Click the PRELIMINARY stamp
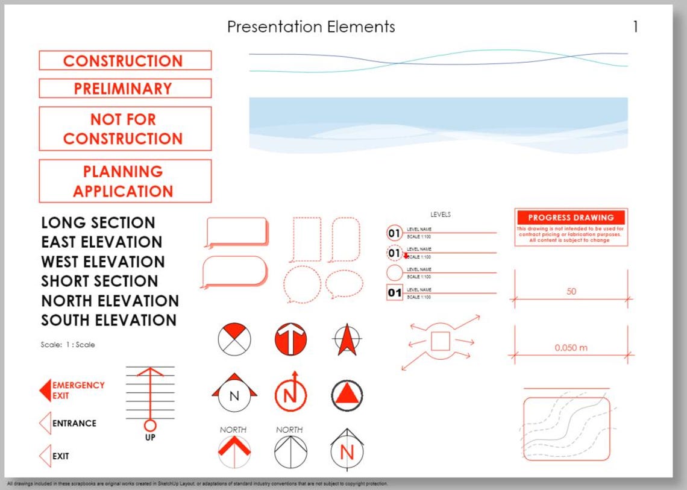[125, 89]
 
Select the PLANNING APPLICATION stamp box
[125, 181]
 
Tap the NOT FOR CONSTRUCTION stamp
[125, 129]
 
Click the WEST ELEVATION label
[103, 262]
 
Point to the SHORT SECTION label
[99, 281]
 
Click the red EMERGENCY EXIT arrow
[45, 391]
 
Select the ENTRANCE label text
[74, 423]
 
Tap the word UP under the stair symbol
[150, 438]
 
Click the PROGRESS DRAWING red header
[571, 218]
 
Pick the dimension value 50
[571, 292]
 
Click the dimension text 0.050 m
[571, 348]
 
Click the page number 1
[635, 27]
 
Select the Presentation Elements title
[311, 27]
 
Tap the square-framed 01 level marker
[394, 294]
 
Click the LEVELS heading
[441, 215]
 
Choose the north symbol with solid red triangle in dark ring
[347, 395]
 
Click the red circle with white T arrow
[290, 339]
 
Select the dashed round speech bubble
[303, 284]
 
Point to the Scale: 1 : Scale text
[67, 345]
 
